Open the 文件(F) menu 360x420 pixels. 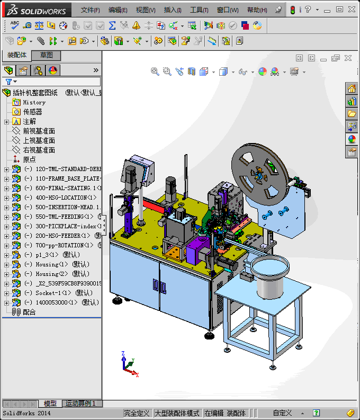click(x=90, y=10)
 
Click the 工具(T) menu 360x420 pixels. click(x=199, y=10)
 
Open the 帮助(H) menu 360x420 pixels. click(x=257, y=10)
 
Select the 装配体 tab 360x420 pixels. click(x=16, y=56)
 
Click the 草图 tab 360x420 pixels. click(x=46, y=56)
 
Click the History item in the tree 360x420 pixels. click(x=34, y=102)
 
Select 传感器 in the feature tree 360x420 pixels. click(x=32, y=112)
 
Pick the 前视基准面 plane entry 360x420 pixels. click(x=39, y=131)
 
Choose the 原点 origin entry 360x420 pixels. click(x=30, y=159)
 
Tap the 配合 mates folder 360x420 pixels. click(x=29, y=312)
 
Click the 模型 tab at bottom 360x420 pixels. click(x=50, y=404)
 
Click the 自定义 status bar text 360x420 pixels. click(x=282, y=413)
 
